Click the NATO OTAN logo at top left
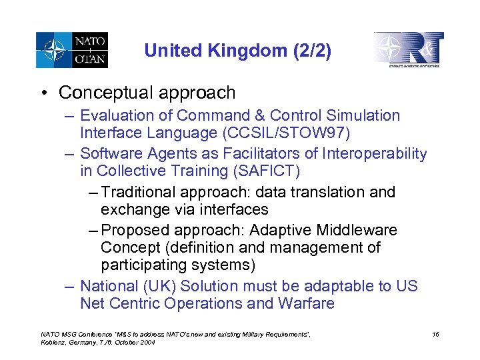click(x=71, y=50)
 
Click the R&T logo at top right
click(x=409, y=50)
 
